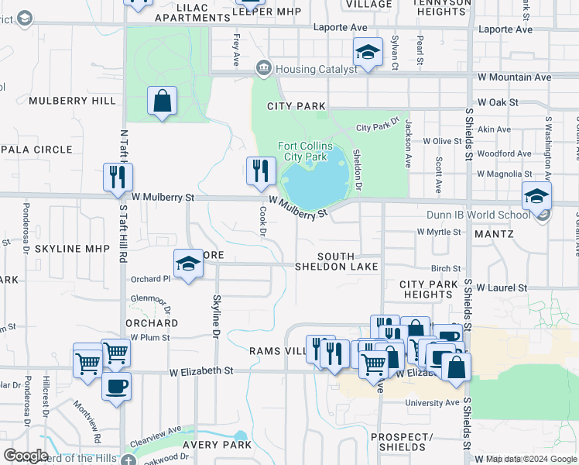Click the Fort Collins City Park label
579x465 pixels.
pos(305,151)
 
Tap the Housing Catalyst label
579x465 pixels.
pos(313,69)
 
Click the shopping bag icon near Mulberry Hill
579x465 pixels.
pos(162,102)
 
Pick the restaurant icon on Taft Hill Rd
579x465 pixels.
pos(118,177)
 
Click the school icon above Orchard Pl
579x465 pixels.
pos(187,264)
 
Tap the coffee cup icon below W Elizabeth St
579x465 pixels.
pos(116,387)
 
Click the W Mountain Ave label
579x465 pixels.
pos(514,77)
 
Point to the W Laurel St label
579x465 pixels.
pos(502,288)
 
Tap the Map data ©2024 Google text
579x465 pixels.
pos(531,459)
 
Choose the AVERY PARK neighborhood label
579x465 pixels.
pos(217,445)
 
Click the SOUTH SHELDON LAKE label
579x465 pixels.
pos(336,261)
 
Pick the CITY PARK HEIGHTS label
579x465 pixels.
pos(430,290)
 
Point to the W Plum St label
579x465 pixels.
pos(149,337)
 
